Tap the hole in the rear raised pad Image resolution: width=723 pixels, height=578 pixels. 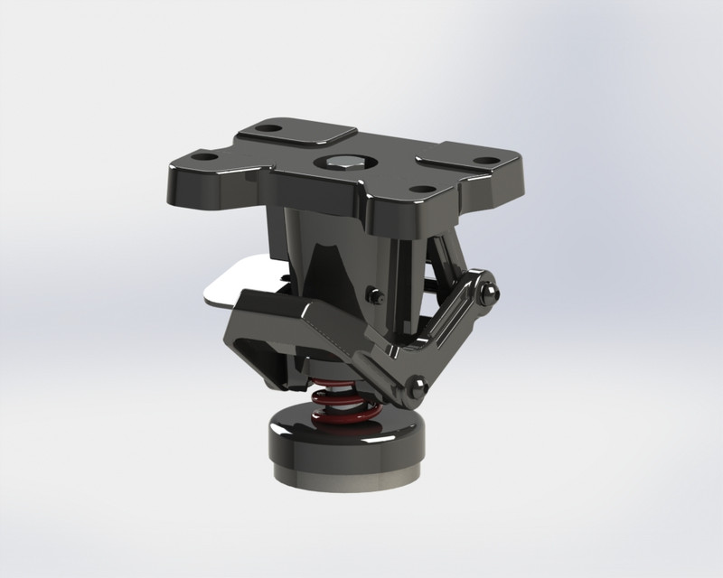point(266,128)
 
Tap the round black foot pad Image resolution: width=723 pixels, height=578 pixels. point(344,443)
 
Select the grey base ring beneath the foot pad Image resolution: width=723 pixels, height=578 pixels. point(344,475)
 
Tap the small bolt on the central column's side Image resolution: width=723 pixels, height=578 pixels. point(372,294)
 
